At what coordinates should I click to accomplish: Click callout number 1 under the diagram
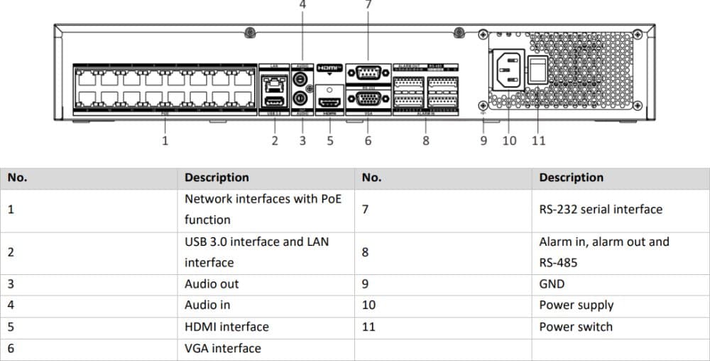pyautogui.click(x=165, y=140)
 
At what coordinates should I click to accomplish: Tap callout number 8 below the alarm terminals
pyautogui.click(x=426, y=140)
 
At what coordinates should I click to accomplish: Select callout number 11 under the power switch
pyautogui.click(x=539, y=140)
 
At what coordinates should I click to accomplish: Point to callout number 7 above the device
pyautogui.click(x=368, y=4)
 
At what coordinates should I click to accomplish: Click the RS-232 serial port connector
pyautogui.click(x=368, y=71)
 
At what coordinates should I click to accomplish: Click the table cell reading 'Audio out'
pyautogui.click(x=212, y=284)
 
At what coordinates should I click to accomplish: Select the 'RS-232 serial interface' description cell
pyautogui.click(x=601, y=210)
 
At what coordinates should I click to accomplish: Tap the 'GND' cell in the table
pyautogui.click(x=552, y=284)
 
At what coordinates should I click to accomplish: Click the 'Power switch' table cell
pyautogui.click(x=576, y=327)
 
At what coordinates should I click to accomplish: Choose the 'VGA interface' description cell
pyautogui.click(x=222, y=348)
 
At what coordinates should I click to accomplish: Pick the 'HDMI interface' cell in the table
pyautogui.click(x=226, y=327)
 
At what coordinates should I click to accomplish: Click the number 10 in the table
pyautogui.click(x=368, y=306)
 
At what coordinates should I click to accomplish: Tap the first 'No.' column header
pyautogui.click(x=17, y=178)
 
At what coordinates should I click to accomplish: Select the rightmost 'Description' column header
pyautogui.click(x=571, y=178)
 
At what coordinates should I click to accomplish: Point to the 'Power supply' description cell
pyautogui.click(x=576, y=306)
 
